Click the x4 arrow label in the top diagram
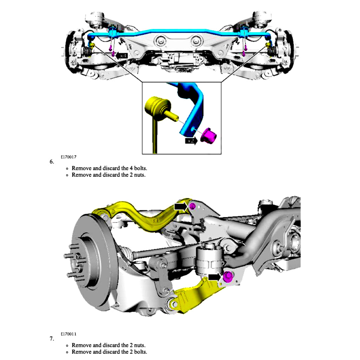tap(122, 56)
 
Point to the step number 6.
tap(52, 162)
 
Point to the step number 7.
tap(52, 339)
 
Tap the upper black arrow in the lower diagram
tap(180, 206)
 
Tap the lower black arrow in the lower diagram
tap(214, 277)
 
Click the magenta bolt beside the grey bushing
tap(227, 277)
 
